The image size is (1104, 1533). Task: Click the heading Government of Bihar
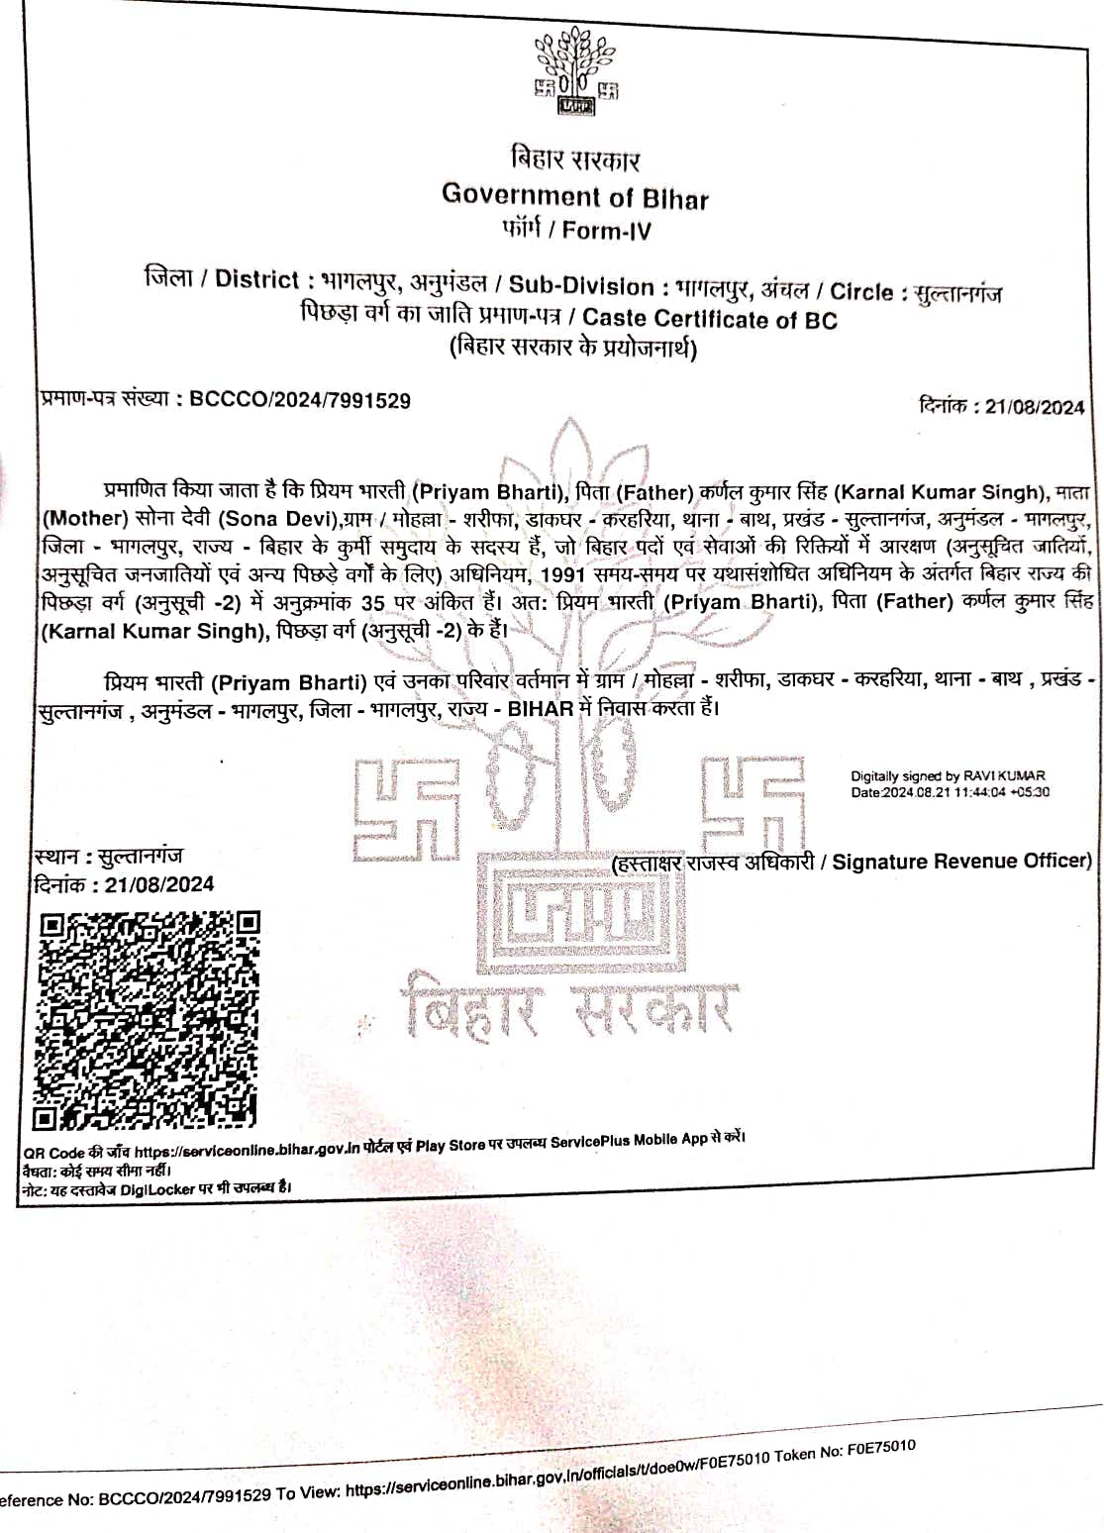tap(574, 196)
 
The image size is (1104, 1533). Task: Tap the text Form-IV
tap(607, 231)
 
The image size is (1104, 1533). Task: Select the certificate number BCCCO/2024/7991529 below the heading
tap(299, 400)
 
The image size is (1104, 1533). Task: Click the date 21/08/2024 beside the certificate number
tap(1034, 407)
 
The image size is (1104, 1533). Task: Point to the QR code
tap(148, 1021)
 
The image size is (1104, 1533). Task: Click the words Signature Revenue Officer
tap(960, 862)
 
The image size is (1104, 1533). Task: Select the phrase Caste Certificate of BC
tap(709, 320)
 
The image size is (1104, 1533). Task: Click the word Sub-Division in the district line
tap(581, 286)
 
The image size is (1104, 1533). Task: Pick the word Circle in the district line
tap(861, 292)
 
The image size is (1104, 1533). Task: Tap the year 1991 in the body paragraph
tap(563, 574)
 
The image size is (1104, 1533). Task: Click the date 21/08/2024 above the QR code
tap(159, 884)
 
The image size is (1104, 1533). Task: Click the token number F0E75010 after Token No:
tap(880, 1448)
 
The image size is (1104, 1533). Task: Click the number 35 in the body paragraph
tap(372, 603)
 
